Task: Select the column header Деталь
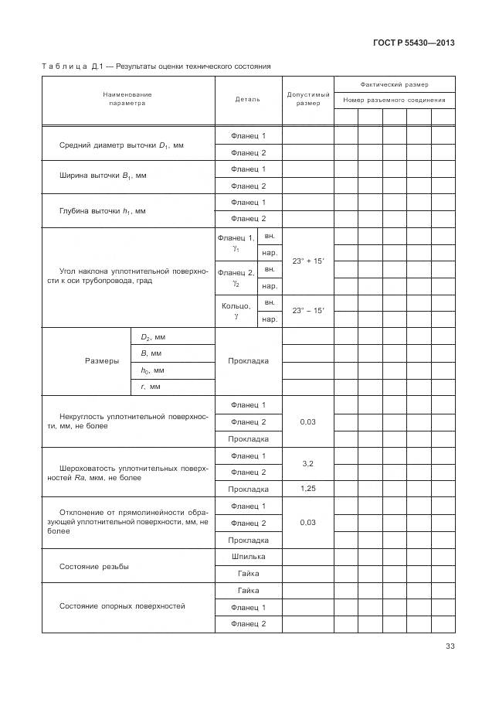point(248,99)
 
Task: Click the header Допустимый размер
point(308,99)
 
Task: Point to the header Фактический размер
point(394,84)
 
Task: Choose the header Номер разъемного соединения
point(394,100)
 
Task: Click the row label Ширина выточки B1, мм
point(103,176)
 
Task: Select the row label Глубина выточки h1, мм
point(102,210)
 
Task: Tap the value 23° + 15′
point(308,261)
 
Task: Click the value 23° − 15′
point(308,310)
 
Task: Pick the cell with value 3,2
point(307,463)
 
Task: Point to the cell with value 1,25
point(307,489)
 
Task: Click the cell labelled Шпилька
point(248,556)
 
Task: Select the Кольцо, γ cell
point(236,311)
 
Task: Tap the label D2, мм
point(153,337)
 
